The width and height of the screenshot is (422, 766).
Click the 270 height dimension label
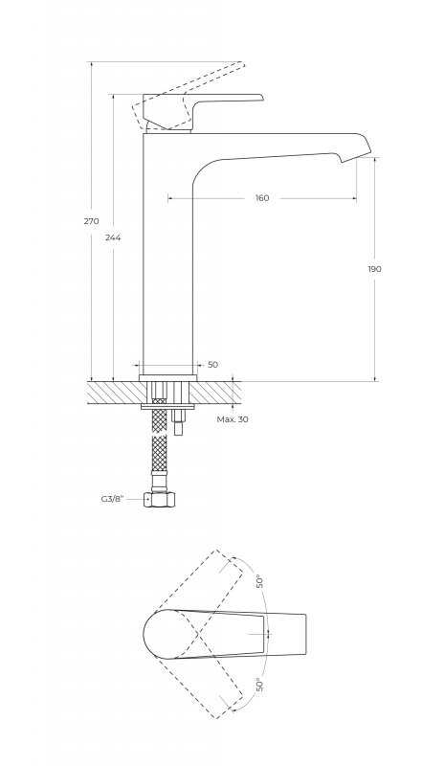[91, 221]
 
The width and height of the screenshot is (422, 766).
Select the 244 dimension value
[113, 237]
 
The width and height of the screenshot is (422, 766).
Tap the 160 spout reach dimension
[262, 198]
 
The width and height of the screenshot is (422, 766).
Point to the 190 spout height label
[374, 269]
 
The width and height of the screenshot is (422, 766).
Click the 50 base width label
[213, 365]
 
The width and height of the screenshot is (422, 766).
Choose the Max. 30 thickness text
[233, 419]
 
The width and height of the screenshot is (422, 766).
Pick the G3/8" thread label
[113, 499]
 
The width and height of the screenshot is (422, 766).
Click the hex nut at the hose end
[160, 501]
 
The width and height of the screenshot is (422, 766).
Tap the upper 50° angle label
[260, 581]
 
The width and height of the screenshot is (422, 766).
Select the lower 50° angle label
[260, 685]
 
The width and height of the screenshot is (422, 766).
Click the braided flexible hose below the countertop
[159, 442]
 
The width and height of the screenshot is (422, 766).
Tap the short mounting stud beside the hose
[179, 421]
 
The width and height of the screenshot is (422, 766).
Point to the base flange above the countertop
[168, 377]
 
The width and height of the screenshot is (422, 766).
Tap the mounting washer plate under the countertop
[168, 406]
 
